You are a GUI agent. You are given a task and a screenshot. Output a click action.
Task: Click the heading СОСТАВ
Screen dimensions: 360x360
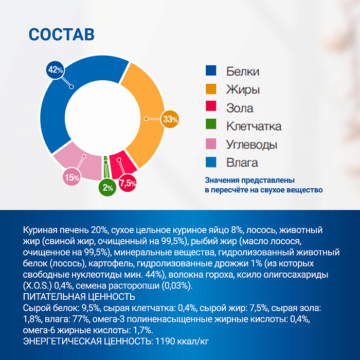click(x=61, y=34)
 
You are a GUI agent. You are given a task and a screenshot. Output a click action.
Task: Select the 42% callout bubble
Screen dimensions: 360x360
click(x=55, y=69)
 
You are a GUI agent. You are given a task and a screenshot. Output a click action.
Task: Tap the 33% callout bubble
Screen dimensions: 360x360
click(x=170, y=119)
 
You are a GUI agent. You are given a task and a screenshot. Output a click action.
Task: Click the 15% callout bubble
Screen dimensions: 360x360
click(x=71, y=178)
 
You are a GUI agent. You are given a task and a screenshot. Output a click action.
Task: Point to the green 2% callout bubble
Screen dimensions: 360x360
click(x=107, y=188)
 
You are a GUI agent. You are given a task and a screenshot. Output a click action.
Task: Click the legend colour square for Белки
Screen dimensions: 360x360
click(x=211, y=71)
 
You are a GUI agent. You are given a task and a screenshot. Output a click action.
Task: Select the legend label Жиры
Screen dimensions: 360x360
click(x=243, y=89)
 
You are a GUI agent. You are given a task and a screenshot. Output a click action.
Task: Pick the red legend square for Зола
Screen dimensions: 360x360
click(x=211, y=108)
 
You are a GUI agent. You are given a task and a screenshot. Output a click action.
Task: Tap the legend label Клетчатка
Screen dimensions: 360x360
click(x=254, y=126)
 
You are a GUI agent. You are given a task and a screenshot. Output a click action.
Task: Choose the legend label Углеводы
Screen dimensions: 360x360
click(x=251, y=145)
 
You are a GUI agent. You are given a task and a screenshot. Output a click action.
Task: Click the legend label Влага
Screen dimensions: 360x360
click(x=242, y=163)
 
